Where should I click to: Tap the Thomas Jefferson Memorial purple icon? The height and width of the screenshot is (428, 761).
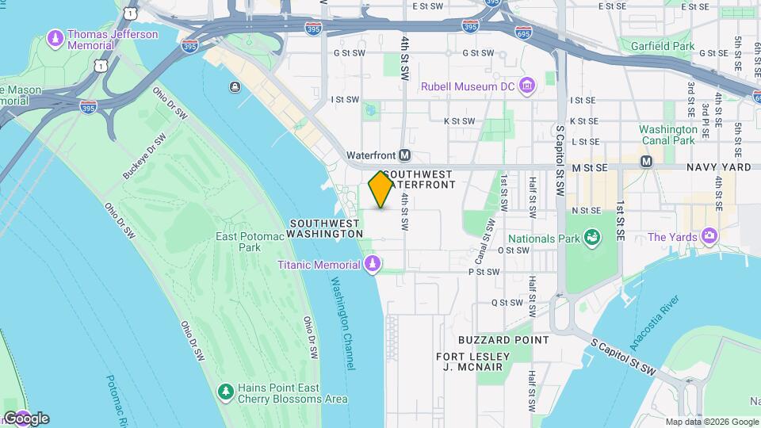[x=55, y=37]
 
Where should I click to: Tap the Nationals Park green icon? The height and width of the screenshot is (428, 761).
[x=591, y=237]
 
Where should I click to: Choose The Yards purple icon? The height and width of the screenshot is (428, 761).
[x=709, y=237]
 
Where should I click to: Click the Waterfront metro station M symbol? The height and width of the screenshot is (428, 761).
[x=405, y=155]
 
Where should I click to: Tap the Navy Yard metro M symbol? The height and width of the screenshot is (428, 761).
[x=646, y=161]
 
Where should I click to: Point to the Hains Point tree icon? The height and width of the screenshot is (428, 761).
[x=226, y=392]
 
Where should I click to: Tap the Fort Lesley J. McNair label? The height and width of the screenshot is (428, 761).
[x=473, y=362]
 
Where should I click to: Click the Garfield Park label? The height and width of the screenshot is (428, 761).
[x=663, y=47]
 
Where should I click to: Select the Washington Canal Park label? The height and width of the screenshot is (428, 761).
[x=668, y=135]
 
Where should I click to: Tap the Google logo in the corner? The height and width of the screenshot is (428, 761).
[x=25, y=418]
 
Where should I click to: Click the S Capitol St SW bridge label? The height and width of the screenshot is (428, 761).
[x=625, y=356]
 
